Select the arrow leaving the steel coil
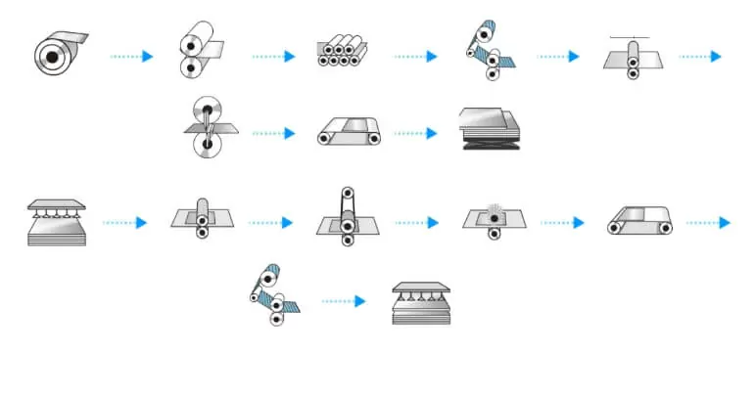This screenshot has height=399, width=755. (x=131, y=56)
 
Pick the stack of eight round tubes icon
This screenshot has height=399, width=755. (x=343, y=51)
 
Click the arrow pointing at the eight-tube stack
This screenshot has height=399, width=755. (x=273, y=56)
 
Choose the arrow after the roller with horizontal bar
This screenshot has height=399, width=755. (x=700, y=56)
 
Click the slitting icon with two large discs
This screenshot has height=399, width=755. (x=205, y=127)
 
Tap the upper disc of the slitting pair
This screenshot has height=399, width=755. (x=205, y=109)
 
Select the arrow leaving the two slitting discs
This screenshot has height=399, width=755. (x=273, y=133)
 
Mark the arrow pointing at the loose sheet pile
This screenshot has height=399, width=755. (x=415, y=133)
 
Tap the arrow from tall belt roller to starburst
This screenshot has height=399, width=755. (x=416, y=223)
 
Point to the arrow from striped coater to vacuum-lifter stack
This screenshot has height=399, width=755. (x=343, y=301)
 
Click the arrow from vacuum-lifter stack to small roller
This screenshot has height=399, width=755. (x=124, y=223)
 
